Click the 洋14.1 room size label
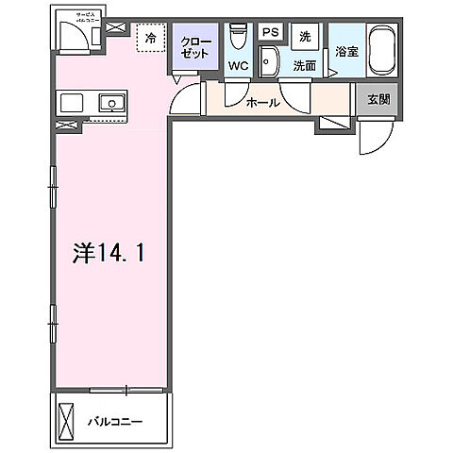tap(108, 253)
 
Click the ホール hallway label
tap(261, 102)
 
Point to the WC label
tap(237, 67)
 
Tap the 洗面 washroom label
tap(304, 67)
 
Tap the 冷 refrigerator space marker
tap(149, 39)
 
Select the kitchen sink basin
tap(111, 102)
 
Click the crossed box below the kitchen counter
tap(65, 125)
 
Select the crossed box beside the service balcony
tap(114, 28)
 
